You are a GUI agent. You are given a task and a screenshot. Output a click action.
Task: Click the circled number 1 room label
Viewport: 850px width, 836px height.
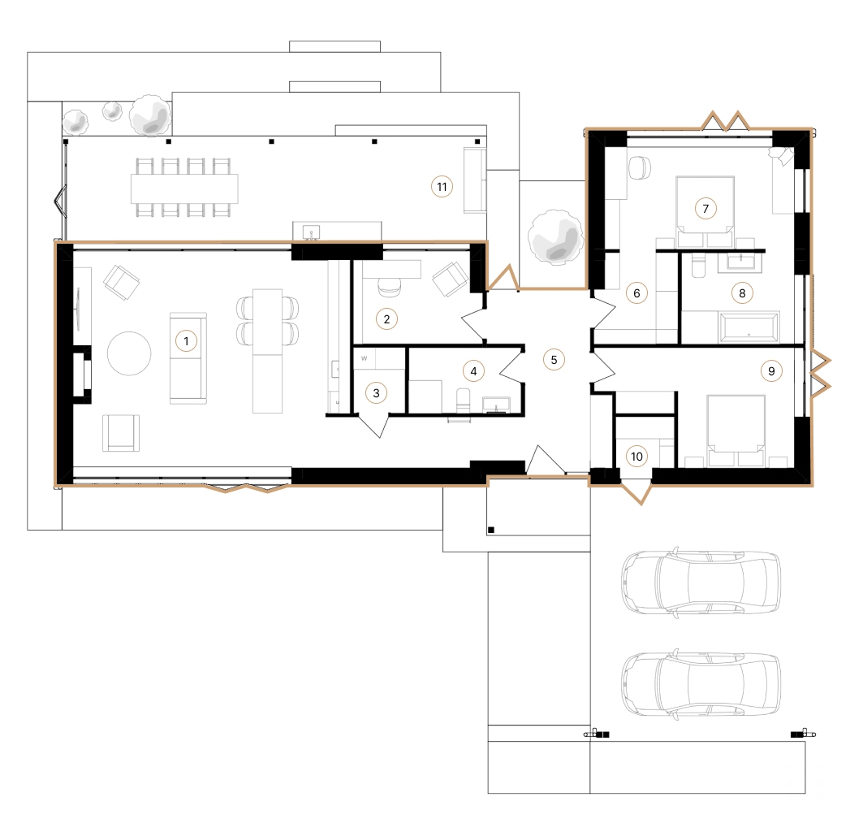[186, 341]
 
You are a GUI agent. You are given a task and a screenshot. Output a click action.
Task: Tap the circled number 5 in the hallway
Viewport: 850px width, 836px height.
[554, 358]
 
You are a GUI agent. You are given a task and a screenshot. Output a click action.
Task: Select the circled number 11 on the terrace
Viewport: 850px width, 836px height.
[441, 187]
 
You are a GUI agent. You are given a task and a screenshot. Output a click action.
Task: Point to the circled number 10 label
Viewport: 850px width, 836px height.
[637, 457]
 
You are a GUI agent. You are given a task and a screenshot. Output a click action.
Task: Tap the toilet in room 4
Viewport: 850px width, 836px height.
[464, 399]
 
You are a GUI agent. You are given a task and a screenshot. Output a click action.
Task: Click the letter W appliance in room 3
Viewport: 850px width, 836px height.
[365, 357]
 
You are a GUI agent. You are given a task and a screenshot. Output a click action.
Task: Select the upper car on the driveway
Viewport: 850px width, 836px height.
[700, 582]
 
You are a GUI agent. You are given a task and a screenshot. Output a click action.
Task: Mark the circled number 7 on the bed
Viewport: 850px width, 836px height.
[705, 209]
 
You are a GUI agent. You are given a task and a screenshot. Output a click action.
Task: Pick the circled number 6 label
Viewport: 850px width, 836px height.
[636, 292]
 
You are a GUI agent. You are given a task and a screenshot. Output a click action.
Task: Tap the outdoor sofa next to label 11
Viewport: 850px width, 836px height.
[474, 180]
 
